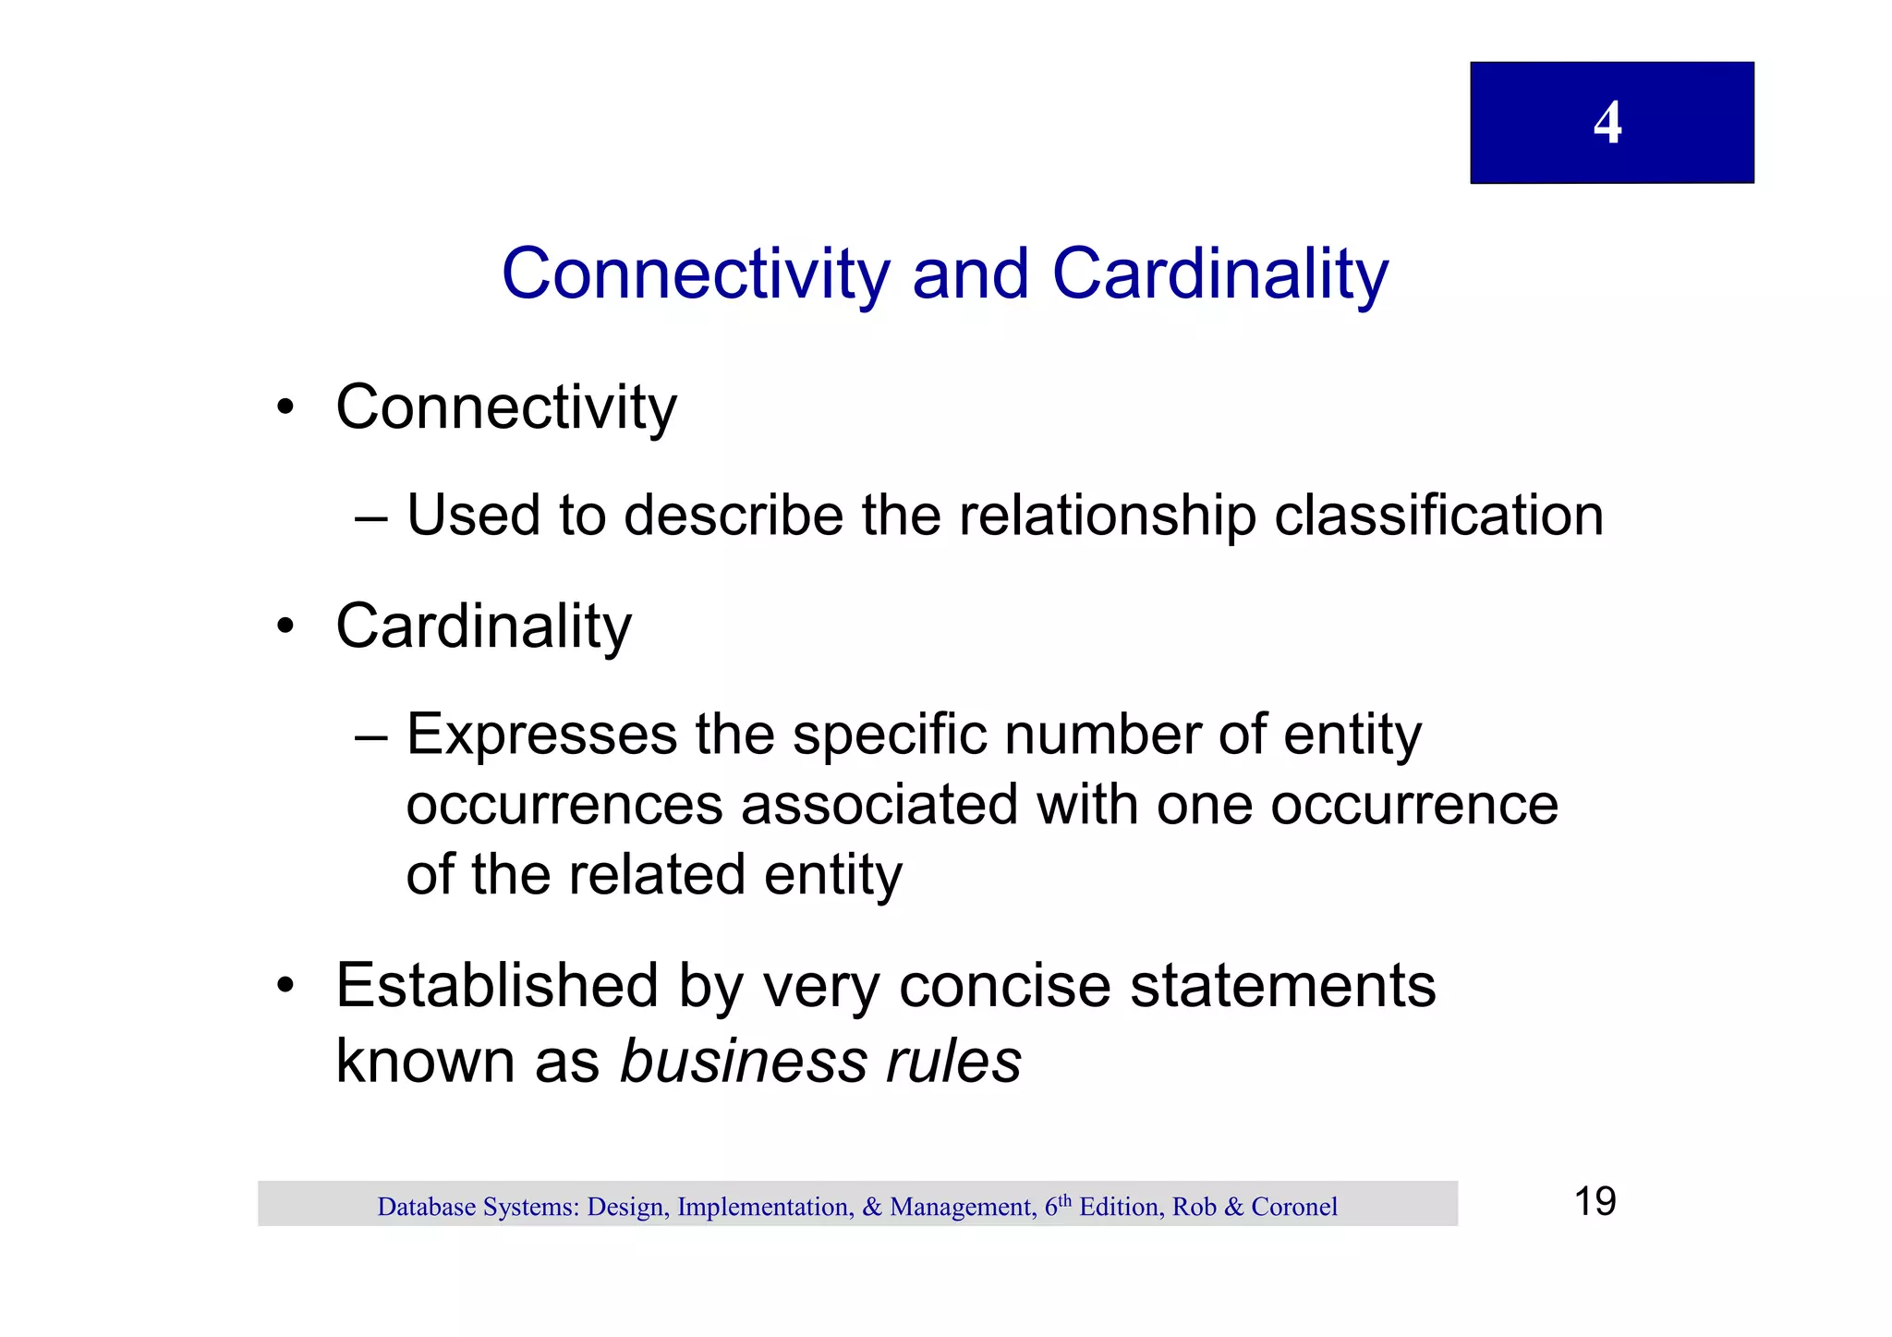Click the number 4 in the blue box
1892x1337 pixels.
click(1607, 122)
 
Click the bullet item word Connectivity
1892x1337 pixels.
click(505, 407)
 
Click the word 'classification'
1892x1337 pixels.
click(1438, 516)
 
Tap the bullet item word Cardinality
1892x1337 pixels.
click(483, 626)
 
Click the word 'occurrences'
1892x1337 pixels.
click(564, 805)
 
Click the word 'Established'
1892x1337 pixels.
click(497, 985)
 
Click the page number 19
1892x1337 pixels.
click(1595, 1201)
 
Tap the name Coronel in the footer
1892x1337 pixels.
click(1293, 1207)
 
